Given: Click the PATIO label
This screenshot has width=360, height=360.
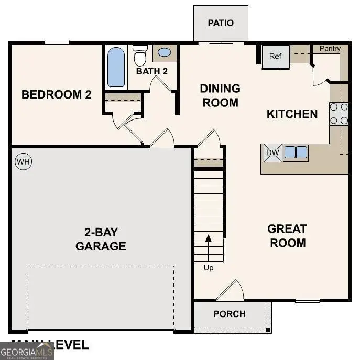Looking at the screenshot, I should [221, 23].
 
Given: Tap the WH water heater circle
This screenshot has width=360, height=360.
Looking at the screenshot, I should [23, 161].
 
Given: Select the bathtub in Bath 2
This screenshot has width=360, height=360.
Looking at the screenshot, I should [116, 67].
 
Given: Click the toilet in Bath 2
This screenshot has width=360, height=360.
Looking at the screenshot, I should [140, 55].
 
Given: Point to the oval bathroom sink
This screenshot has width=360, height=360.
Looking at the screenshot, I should [164, 52].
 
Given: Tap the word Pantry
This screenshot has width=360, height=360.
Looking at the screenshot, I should [330, 49].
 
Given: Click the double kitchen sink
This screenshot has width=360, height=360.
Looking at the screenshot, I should [296, 152].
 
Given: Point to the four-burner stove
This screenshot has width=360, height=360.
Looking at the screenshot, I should [339, 114].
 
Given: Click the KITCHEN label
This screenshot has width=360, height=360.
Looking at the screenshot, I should [292, 114].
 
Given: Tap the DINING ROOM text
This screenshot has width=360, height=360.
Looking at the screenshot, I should [220, 95].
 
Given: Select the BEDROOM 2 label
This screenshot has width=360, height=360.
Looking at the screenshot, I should [57, 95].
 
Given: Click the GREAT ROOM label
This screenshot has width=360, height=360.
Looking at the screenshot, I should [287, 236].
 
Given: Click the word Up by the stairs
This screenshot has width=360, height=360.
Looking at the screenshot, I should [209, 268].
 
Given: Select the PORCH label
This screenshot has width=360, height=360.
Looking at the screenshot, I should [230, 314].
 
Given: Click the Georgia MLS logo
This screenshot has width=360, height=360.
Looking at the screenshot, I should [27, 351].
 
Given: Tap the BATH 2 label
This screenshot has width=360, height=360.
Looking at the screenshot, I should [152, 71].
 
